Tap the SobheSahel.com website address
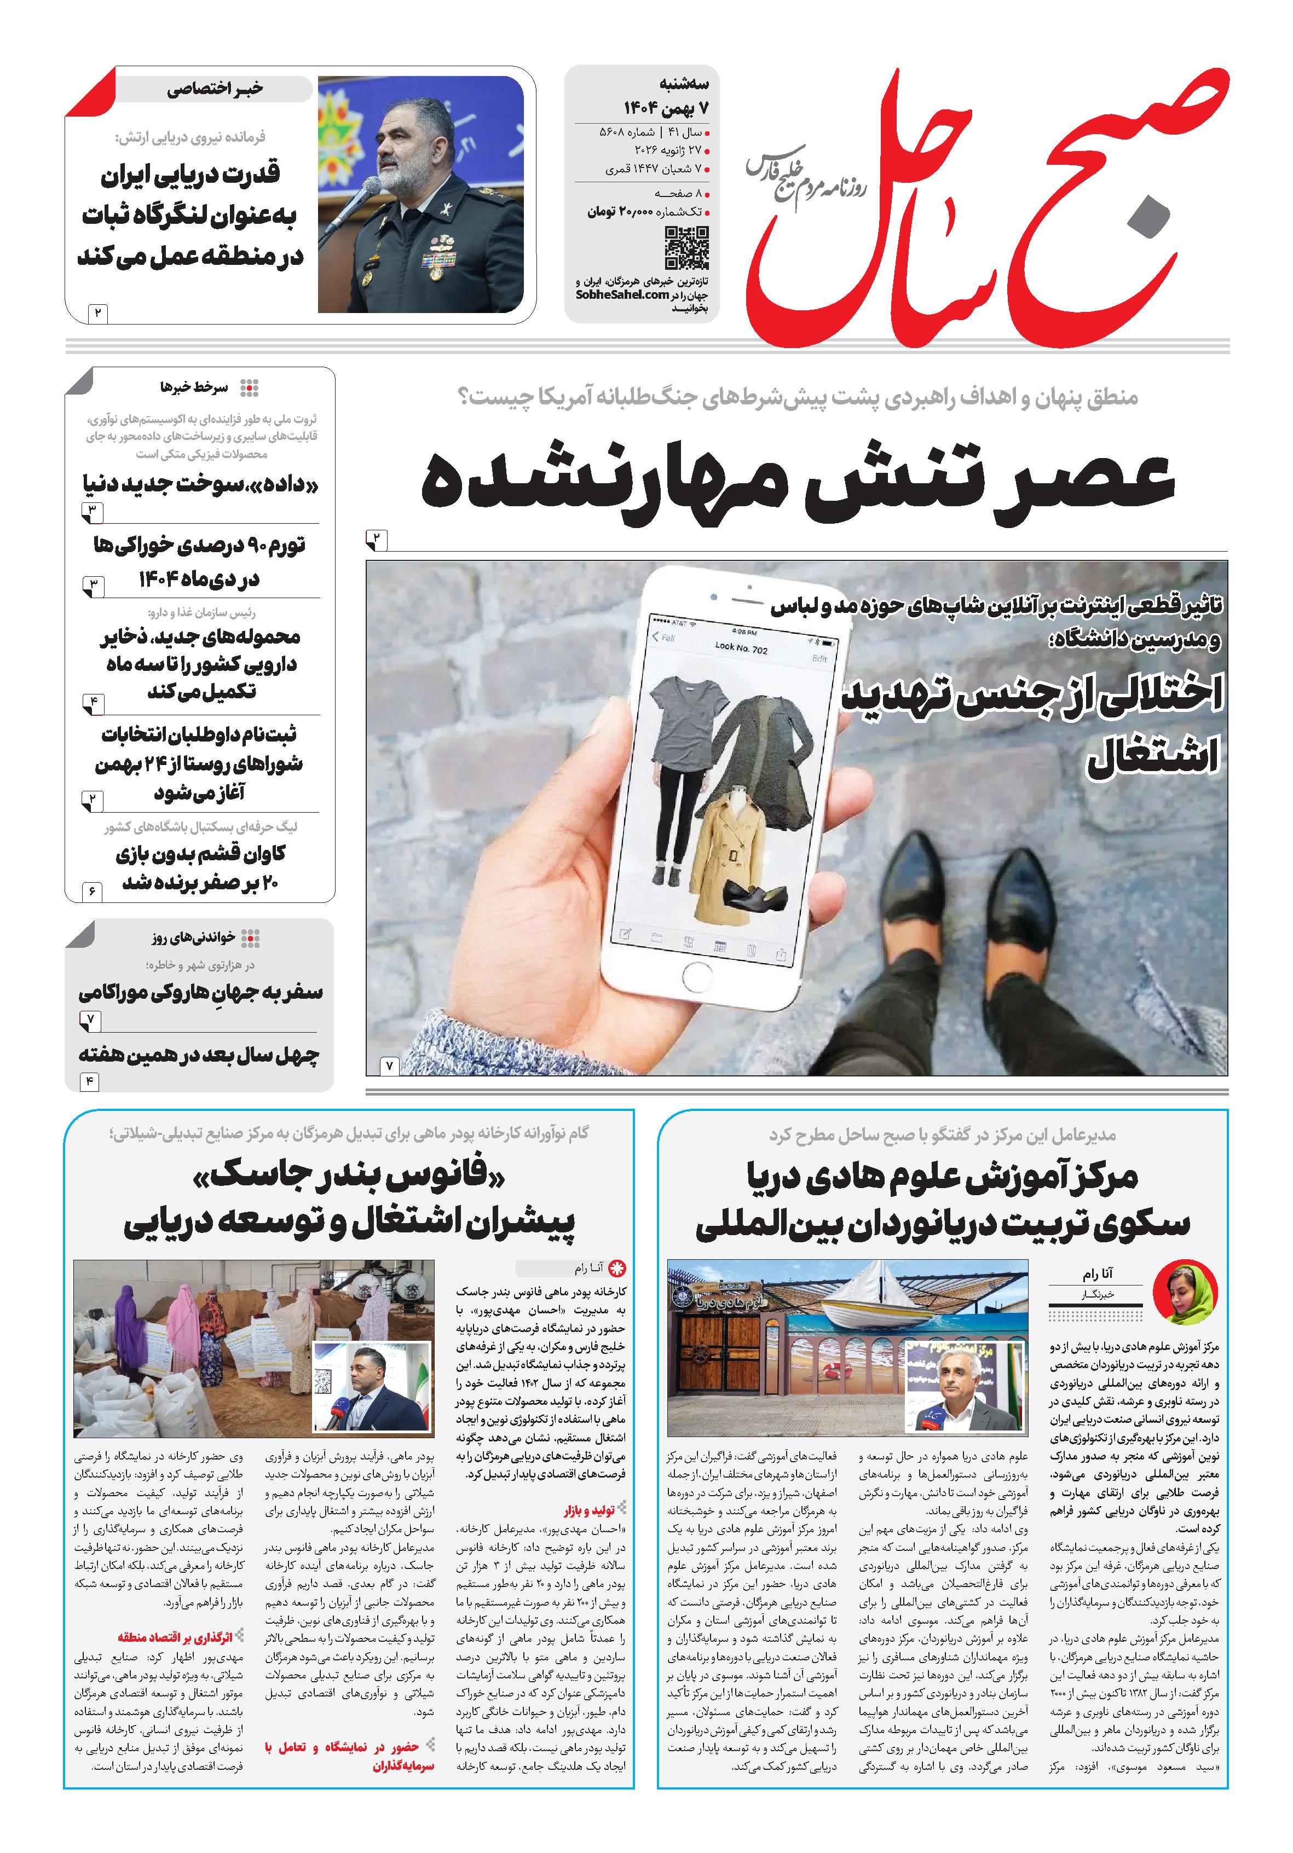622,296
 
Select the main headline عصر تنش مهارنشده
798,481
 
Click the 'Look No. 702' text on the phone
741,648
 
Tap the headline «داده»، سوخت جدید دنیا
201,485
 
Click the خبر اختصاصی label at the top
215,89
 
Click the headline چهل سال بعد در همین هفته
199,1055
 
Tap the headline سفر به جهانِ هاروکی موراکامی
200,992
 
